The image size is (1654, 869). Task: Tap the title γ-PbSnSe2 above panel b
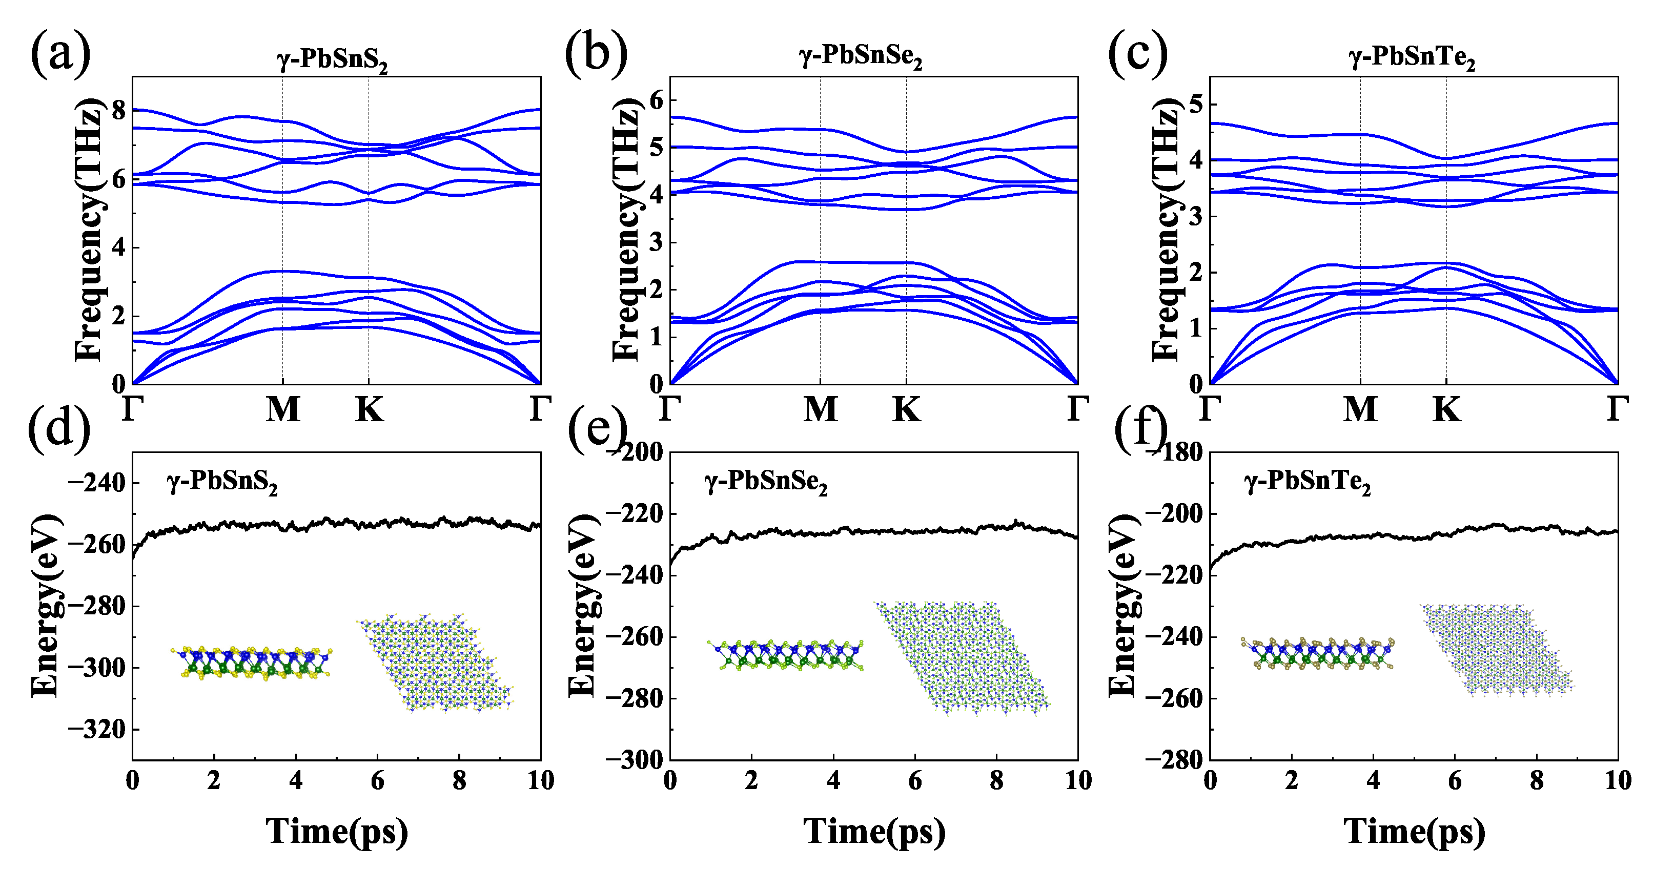861,57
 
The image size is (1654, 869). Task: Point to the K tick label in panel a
369,409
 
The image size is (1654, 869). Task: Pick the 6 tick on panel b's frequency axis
656,100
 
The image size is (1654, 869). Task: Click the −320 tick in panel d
96,730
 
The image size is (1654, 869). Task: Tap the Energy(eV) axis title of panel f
1122,605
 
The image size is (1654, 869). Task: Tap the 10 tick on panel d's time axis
541,781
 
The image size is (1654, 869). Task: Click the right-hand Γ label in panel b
1078,409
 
